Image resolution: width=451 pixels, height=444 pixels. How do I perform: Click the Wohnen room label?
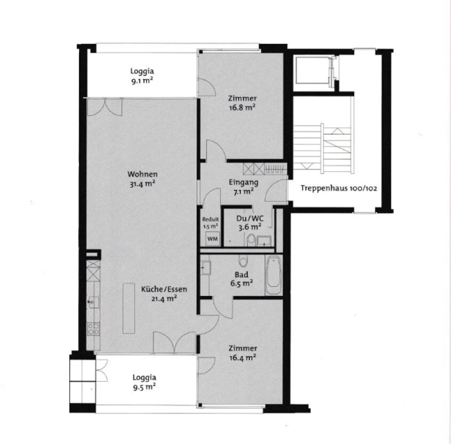pyautogui.click(x=143, y=174)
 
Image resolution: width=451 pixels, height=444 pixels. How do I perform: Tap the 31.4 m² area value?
pyautogui.click(x=143, y=184)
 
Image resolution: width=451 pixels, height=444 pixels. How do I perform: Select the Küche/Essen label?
pyautogui.click(x=164, y=289)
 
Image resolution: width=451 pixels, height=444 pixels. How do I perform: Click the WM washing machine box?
pyautogui.click(x=212, y=239)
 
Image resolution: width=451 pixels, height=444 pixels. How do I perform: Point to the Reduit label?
pyautogui.click(x=210, y=219)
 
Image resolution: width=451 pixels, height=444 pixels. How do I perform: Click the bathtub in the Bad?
pyautogui.click(x=273, y=275)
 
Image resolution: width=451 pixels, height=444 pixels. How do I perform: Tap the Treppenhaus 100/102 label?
pyautogui.click(x=339, y=188)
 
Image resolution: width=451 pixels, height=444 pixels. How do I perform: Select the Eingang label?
pyautogui.click(x=243, y=182)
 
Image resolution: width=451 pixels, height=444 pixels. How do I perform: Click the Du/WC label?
pyautogui.click(x=250, y=218)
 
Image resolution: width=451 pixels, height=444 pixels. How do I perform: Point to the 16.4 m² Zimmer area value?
pyautogui.click(x=243, y=357)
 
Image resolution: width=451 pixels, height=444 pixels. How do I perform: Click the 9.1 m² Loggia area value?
pyautogui.click(x=142, y=81)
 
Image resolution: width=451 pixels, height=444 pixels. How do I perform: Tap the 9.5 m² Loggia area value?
pyautogui.click(x=144, y=387)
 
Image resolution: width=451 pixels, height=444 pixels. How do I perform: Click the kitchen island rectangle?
pyautogui.click(x=128, y=308)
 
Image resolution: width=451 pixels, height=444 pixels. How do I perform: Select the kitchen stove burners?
pyautogui.click(x=93, y=329)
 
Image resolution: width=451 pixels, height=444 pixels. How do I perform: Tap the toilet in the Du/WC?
pyautogui.click(x=251, y=240)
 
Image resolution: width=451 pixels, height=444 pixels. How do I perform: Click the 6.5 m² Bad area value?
pyautogui.click(x=241, y=284)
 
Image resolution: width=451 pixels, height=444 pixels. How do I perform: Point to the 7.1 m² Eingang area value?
pyautogui.click(x=243, y=192)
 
